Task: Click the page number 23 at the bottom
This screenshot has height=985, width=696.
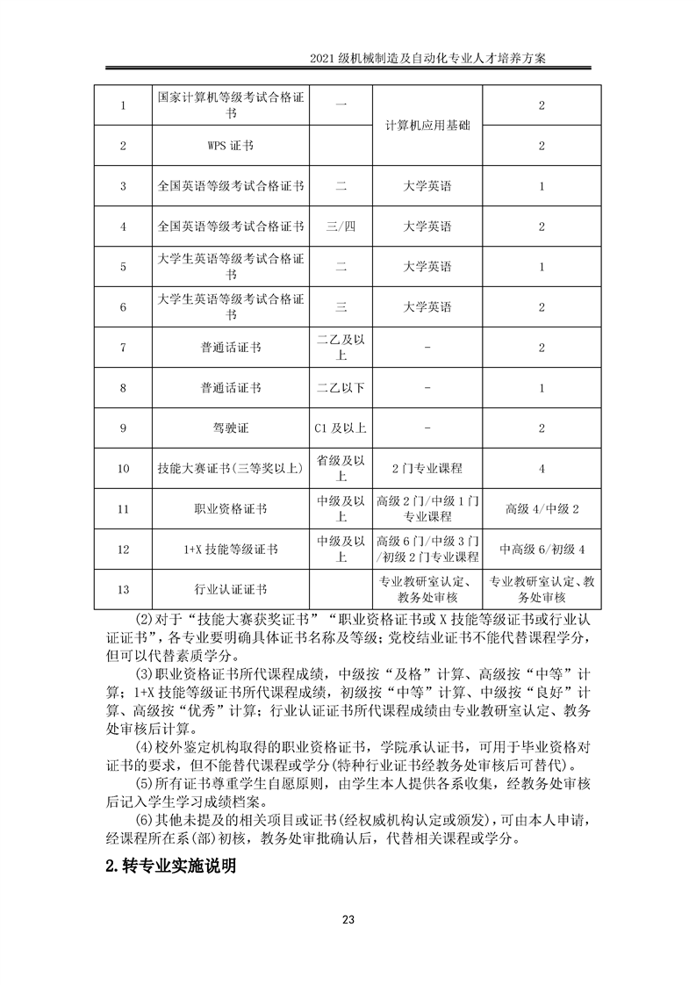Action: coord(348,919)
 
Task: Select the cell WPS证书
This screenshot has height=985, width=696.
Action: coord(231,146)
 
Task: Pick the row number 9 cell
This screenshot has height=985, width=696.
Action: coord(123,428)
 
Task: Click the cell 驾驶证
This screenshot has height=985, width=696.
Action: coord(231,428)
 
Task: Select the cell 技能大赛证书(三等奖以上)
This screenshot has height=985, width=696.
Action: coord(231,469)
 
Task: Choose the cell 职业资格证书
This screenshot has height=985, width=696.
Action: coord(231,509)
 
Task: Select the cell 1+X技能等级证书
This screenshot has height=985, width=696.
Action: coord(231,550)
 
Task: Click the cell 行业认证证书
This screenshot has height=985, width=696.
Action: coord(231,590)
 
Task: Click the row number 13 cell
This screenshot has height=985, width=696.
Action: coord(123,590)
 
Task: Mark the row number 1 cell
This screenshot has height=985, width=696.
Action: coord(123,105)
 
